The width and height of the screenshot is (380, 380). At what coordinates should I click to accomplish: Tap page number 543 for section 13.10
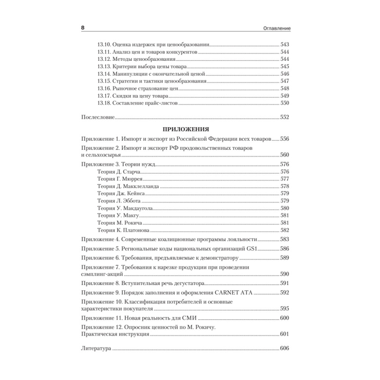[285, 44]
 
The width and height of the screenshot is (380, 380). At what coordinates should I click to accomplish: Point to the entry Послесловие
[98, 117]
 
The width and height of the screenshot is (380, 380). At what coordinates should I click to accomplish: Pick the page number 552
[285, 117]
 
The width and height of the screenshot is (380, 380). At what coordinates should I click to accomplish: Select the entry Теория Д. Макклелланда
[128, 186]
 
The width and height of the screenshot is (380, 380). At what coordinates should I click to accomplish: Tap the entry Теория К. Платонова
[123, 230]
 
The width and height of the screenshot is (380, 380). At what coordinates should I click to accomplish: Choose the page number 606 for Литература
[285, 348]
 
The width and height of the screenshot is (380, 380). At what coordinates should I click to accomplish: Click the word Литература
[96, 348]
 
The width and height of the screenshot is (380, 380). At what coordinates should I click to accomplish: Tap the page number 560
[285, 155]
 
